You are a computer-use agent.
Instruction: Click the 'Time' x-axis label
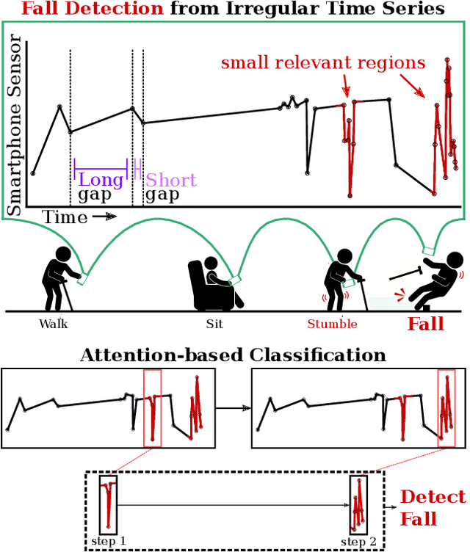64,217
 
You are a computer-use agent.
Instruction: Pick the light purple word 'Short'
171,180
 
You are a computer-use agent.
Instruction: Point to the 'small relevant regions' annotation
323,63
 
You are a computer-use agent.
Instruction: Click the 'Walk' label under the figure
54,324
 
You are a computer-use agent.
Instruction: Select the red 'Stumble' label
333,324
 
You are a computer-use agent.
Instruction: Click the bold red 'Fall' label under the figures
426,324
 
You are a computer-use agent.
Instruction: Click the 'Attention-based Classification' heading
233,356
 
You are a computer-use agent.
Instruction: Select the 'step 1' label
109,541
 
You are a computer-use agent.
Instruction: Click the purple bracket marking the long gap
101,168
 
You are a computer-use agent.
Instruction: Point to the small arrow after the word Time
104,217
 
